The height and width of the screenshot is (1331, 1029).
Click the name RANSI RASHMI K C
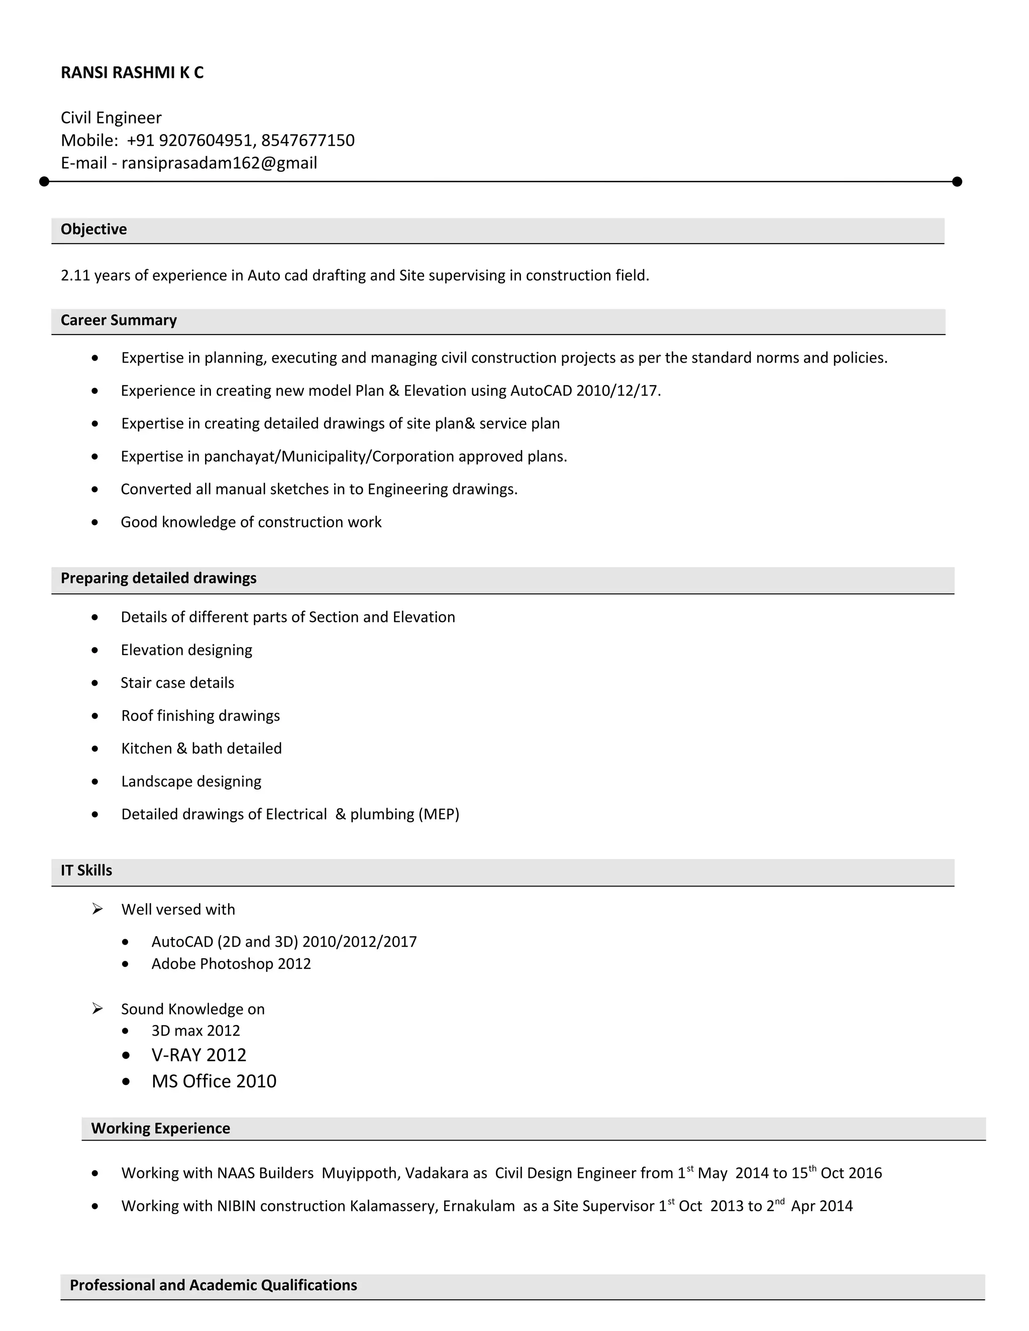point(132,72)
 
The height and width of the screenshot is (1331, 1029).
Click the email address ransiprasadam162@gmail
point(219,163)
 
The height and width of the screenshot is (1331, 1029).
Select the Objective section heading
point(94,230)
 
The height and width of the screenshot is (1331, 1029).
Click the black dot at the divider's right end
point(957,182)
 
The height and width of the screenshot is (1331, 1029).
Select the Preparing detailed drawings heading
point(158,578)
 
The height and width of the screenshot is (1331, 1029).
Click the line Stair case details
point(177,683)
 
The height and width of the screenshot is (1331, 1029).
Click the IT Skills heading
point(86,870)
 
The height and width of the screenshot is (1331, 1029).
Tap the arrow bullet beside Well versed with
point(97,909)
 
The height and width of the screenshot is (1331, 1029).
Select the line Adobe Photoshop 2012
point(231,963)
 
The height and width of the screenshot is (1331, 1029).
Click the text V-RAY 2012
point(199,1055)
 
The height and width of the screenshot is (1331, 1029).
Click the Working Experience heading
point(160,1128)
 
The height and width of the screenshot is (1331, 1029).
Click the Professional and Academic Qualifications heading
point(214,1285)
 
